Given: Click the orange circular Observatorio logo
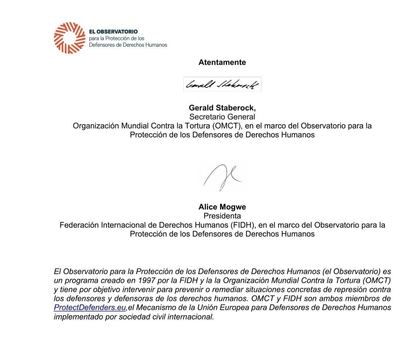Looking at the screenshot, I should coord(69,38).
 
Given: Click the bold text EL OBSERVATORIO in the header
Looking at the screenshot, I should coord(113,31).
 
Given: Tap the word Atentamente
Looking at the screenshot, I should coord(222,63).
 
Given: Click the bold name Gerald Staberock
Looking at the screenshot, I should coord(222,108).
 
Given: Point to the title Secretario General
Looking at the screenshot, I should coord(222,117).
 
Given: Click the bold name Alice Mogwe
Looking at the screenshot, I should coord(222,207).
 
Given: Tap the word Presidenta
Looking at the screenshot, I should coord(222,216).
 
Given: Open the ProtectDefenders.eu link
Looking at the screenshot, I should coord(90,308).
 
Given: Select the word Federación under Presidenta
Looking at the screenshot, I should coord(79,225).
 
